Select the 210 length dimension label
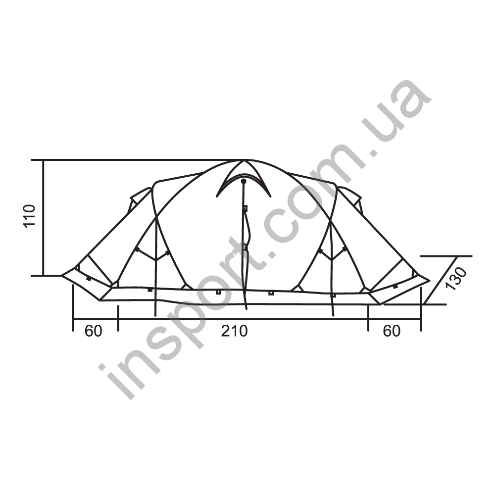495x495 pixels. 234,331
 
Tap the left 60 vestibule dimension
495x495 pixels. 94,331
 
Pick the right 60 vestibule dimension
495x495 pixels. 392,331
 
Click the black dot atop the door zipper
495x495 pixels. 244,181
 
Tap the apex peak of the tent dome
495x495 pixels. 243,160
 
